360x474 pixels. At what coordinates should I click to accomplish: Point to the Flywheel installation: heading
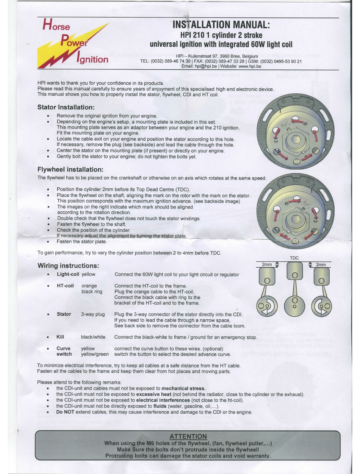70,169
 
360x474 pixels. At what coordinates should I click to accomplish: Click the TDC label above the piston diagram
294,258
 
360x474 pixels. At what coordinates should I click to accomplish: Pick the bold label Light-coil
68,274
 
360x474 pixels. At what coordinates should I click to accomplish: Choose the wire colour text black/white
93,337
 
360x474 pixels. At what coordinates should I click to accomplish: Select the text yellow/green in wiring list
95,354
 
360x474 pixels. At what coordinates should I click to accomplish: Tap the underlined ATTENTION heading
188,436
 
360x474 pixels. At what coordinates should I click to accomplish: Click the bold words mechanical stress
184,388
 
